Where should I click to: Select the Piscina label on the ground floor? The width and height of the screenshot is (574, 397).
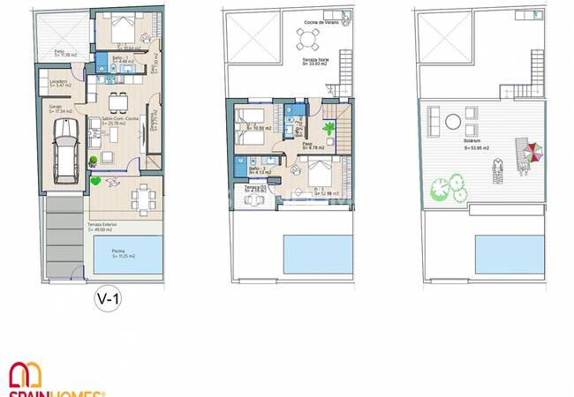click(118, 251)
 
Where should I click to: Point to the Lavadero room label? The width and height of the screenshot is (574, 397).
click(59, 83)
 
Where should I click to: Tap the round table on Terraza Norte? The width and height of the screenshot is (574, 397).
click(308, 38)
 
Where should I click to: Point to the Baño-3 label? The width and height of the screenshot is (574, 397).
click(255, 168)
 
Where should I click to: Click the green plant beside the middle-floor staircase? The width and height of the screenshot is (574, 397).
click(329, 129)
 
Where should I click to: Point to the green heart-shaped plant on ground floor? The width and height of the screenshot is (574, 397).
click(95, 182)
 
